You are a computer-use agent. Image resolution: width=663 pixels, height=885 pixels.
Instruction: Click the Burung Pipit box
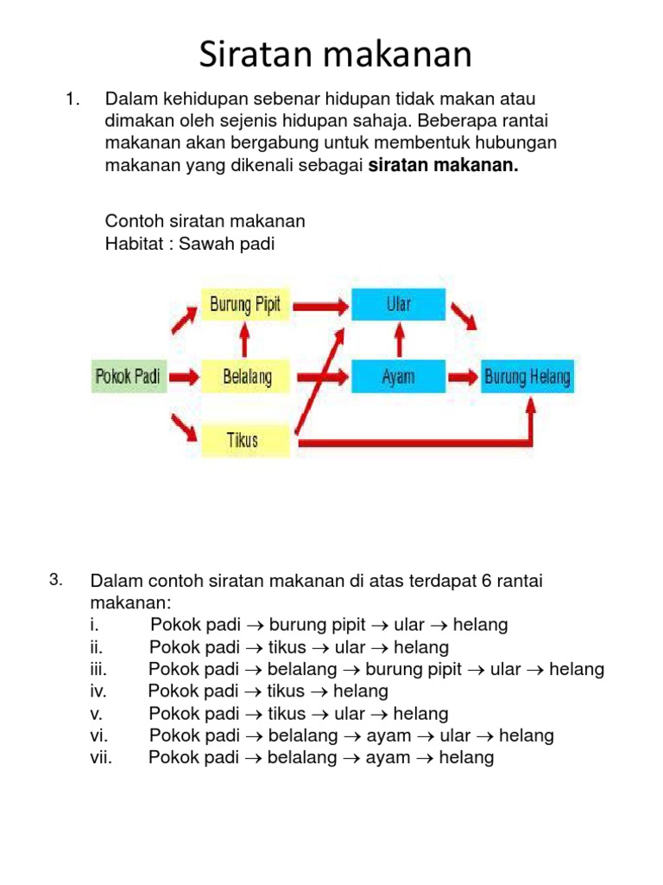[x=245, y=305]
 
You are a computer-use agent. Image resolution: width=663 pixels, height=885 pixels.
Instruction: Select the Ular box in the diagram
[x=398, y=305]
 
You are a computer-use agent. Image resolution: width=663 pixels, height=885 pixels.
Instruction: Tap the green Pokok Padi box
[x=129, y=377]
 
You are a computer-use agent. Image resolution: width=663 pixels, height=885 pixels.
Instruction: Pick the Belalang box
[x=246, y=377]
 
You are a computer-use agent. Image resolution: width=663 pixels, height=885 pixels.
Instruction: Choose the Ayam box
[x=398, y=377]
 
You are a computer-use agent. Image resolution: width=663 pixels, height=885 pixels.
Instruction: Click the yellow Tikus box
[x=243, y=439]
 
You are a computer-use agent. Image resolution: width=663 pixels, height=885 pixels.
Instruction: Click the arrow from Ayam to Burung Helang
[x=464, y=377]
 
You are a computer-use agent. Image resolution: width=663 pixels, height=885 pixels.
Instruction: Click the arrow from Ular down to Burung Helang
[x=464, y=317]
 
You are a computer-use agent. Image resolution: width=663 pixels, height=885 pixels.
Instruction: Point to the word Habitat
[x=132, y=244]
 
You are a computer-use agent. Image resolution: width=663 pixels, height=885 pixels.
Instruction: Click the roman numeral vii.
[x=101, y=758]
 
